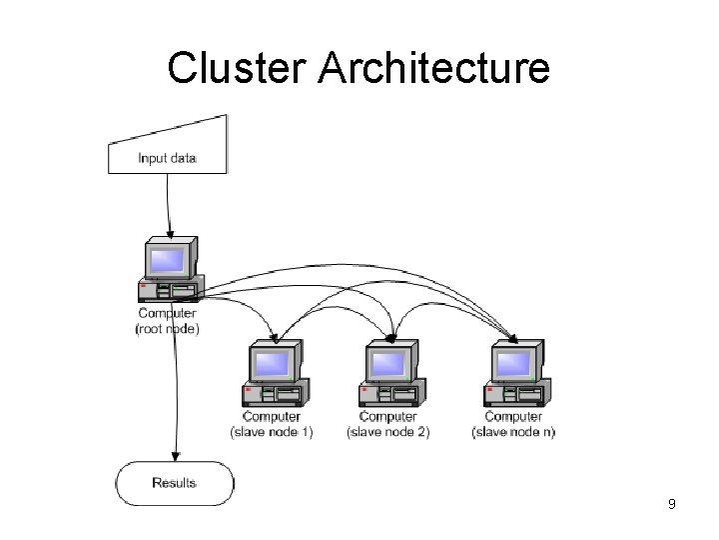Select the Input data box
coord(168,155)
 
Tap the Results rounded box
coord(174,483)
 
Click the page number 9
coord(672,504)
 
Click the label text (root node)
coord(167,328)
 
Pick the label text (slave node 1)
coord(272,432)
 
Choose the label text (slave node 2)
coord(388,432)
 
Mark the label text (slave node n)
coord(513,432)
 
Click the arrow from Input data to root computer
coord(169,205)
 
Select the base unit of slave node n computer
coord(516,392)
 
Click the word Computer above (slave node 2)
coord(388,417)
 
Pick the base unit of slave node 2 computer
coord(392,392)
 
